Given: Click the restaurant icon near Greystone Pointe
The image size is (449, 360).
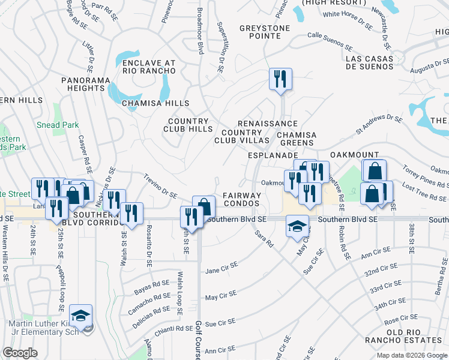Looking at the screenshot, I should coord(280,79).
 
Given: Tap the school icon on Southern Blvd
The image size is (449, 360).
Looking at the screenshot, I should coord(297,227).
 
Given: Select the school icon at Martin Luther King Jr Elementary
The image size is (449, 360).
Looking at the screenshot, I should coord(80,316).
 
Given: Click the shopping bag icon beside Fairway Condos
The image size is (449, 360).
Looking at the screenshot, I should coord(204,207).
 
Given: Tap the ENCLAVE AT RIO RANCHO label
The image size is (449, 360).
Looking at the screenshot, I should coord(148,67).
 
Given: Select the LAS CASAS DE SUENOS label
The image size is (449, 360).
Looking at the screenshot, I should coord(369,62).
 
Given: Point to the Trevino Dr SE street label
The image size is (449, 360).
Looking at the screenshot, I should coord(160,186).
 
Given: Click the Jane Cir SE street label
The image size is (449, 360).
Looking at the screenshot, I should coord(221,267).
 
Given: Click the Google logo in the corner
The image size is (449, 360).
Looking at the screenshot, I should coord(20,353).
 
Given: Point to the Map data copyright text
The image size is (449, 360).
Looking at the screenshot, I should coord(412,355).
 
